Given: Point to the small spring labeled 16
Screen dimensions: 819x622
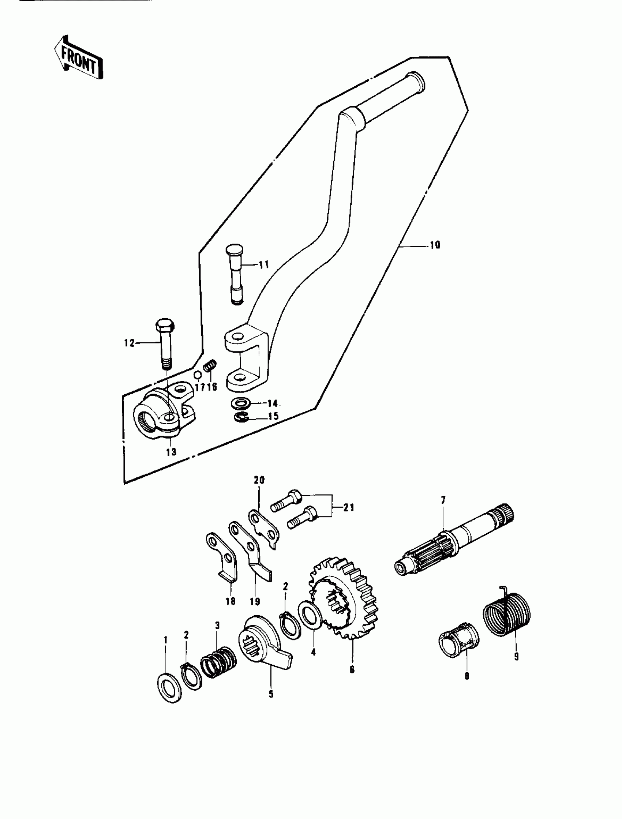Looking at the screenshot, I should pos(210,367).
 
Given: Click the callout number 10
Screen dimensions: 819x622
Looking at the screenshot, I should pos(435,245).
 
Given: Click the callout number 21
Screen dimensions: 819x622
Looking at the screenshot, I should pos(349,507).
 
